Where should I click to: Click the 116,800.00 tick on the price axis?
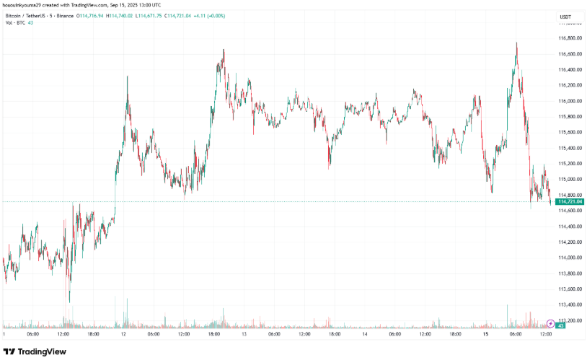tap(570, 38)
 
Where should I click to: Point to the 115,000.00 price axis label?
tap(570, 179)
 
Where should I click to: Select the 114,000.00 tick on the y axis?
tap(570, 258)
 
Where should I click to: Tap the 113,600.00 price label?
tap(570, 289)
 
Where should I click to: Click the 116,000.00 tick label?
tap(570, 101)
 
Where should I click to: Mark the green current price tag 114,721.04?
tap(570, 202)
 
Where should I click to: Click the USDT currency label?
tap(566, 16)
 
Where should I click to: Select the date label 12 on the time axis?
tap(124, 334)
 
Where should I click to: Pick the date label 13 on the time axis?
tap(244, 334)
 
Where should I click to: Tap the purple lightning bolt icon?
tap(551, 323)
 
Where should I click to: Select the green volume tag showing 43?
tap(560, 326)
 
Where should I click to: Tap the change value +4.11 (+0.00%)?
tap(263, 15)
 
